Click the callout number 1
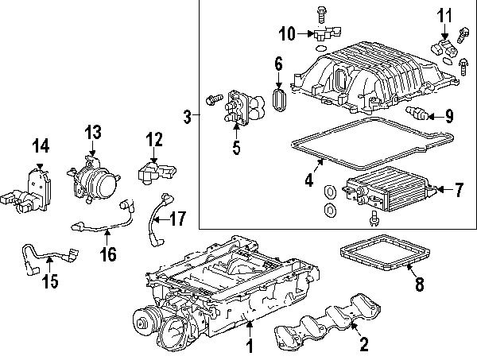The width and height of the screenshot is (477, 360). (248, 346)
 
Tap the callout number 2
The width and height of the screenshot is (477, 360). (363, 345)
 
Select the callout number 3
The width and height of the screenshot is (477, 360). (188, 118)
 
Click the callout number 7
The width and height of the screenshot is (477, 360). (458, 190)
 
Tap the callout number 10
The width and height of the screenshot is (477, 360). (287, 33)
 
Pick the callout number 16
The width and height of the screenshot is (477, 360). (108, 254)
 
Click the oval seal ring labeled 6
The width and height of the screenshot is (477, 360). (280, 101)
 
